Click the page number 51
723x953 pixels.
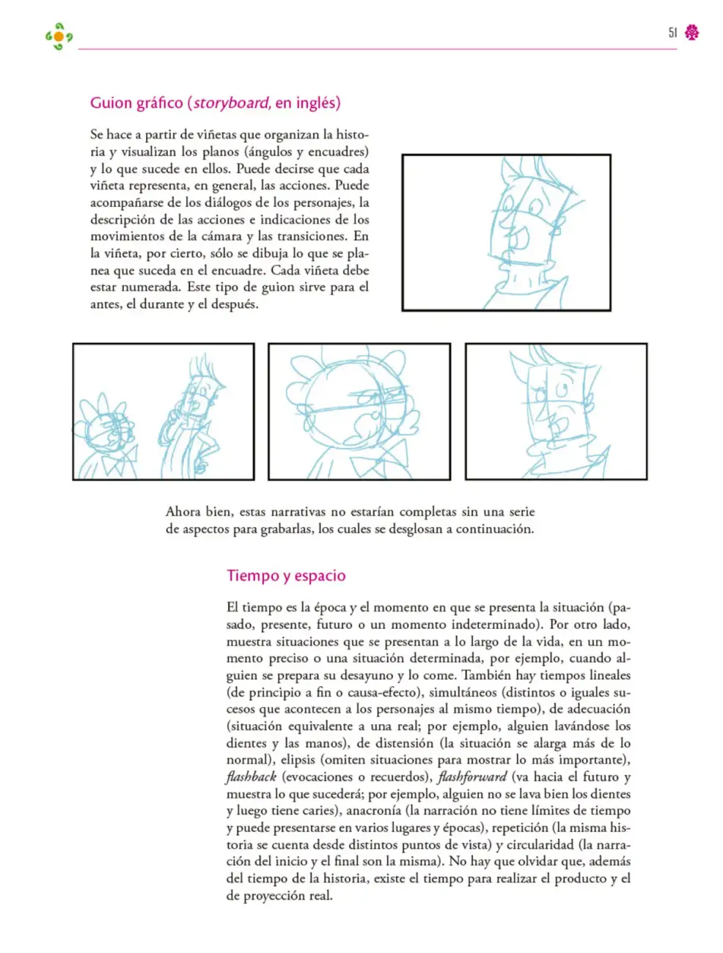[672, 32]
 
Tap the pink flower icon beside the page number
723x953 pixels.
[691, 32]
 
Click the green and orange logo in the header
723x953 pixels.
[59, 37]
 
